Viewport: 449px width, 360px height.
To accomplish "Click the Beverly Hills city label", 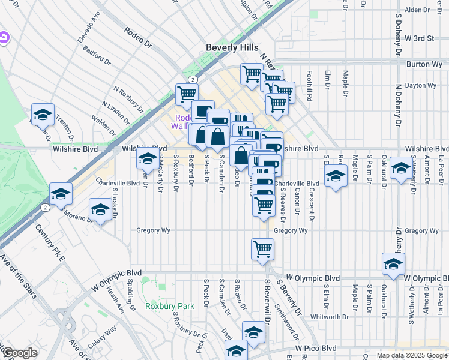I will pos(232,47).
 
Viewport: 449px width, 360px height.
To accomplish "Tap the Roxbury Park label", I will pos(170,306).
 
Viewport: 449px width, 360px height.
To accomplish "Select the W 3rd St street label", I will pos(419,38).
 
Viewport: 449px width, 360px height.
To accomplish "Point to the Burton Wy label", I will pos(424,64).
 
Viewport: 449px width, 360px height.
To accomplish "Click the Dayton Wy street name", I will pos(423,86).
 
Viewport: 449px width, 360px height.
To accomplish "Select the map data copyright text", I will pos(412,355).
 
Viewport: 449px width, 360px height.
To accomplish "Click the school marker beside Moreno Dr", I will pos(100,210).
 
